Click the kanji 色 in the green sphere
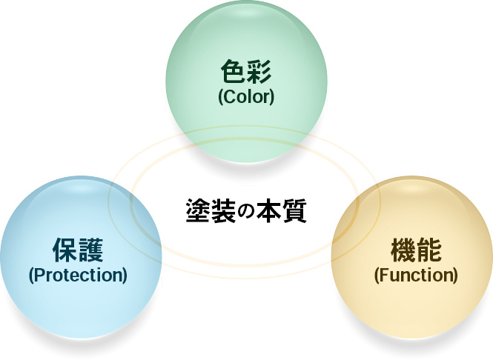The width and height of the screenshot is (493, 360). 234,72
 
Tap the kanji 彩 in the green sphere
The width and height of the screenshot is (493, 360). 259,72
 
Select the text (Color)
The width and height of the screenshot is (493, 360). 246,97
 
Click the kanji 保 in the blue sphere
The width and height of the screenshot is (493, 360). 64,250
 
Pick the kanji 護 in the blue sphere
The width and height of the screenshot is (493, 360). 90,250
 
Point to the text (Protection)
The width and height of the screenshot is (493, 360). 78,275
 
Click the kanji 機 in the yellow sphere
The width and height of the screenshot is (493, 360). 403,250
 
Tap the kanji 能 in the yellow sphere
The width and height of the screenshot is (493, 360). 429,250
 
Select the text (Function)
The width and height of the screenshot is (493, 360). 416,275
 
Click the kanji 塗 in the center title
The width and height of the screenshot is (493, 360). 198,210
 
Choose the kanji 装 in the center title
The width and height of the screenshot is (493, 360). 223,210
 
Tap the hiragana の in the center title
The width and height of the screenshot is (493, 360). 246,211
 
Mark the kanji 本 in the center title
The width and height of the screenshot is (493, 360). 269,210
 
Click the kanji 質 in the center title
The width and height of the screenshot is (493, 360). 294,210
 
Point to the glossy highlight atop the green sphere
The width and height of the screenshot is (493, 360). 246,13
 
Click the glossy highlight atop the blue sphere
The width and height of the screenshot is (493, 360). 81,189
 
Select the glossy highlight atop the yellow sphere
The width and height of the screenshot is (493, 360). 412,189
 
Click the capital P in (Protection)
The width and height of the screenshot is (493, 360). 39,275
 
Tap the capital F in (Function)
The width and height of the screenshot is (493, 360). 383,275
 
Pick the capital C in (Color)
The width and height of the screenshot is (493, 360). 229,97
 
